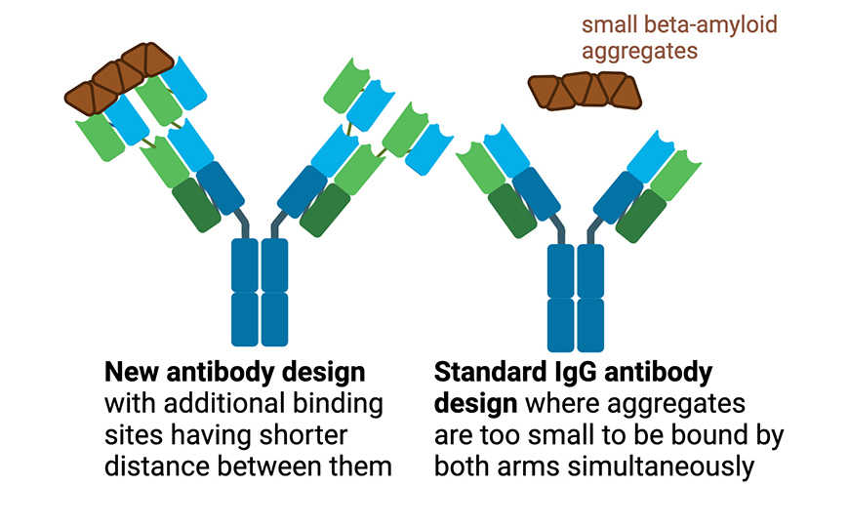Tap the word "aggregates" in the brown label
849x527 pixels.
[640, 51]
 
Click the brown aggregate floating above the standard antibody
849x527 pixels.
[585, 91]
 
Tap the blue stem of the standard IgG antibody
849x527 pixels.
[575, 297]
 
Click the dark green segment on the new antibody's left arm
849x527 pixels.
[196, 205]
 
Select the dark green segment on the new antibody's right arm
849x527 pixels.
[325, 210]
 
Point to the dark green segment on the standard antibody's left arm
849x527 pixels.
[512, 211]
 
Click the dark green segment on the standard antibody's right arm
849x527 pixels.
[640, 216]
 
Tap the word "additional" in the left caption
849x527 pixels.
[231, 404]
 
